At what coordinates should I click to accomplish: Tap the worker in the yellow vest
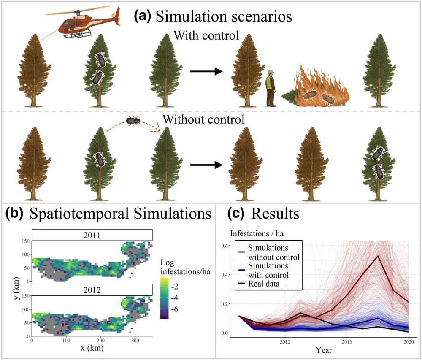[270, 89]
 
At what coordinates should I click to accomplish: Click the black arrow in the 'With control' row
[206, 71]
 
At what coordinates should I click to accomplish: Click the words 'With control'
[206, 35]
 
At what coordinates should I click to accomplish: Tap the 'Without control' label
[203, 119]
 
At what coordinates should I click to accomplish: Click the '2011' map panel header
[92, 235]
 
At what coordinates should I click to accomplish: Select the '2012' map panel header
[92, 290]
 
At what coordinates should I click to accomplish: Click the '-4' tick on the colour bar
[174, 298]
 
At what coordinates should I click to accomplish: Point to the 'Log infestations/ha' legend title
[185, 267]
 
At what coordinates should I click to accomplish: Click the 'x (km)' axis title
[92, 348]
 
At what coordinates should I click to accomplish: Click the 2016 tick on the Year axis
[347, 342]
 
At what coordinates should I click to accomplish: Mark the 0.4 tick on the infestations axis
[224, 275]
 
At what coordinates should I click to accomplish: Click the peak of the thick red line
[378, 256]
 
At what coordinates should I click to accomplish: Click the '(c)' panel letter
[236, 214]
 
